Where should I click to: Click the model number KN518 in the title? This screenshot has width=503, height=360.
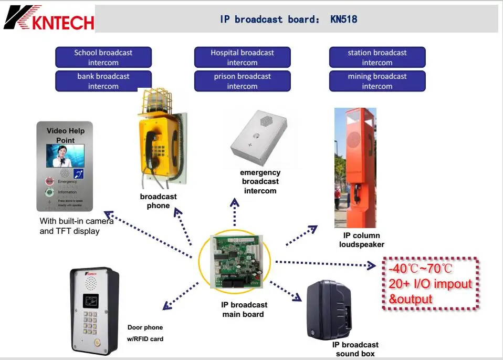344,19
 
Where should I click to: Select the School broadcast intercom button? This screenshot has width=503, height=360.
103,57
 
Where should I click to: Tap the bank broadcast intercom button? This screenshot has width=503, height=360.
103,81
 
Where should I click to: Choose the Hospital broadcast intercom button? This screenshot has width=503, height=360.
242,57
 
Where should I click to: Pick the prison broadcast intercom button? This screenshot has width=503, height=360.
242,81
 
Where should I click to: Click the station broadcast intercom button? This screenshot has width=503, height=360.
377,57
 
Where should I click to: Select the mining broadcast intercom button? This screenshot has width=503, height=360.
377,81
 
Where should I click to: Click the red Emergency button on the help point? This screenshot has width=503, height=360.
50,181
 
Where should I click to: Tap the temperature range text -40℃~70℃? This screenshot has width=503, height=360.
421,269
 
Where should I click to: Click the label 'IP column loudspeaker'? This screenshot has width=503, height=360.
361,240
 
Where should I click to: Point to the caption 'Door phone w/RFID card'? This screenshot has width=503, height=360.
145,333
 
